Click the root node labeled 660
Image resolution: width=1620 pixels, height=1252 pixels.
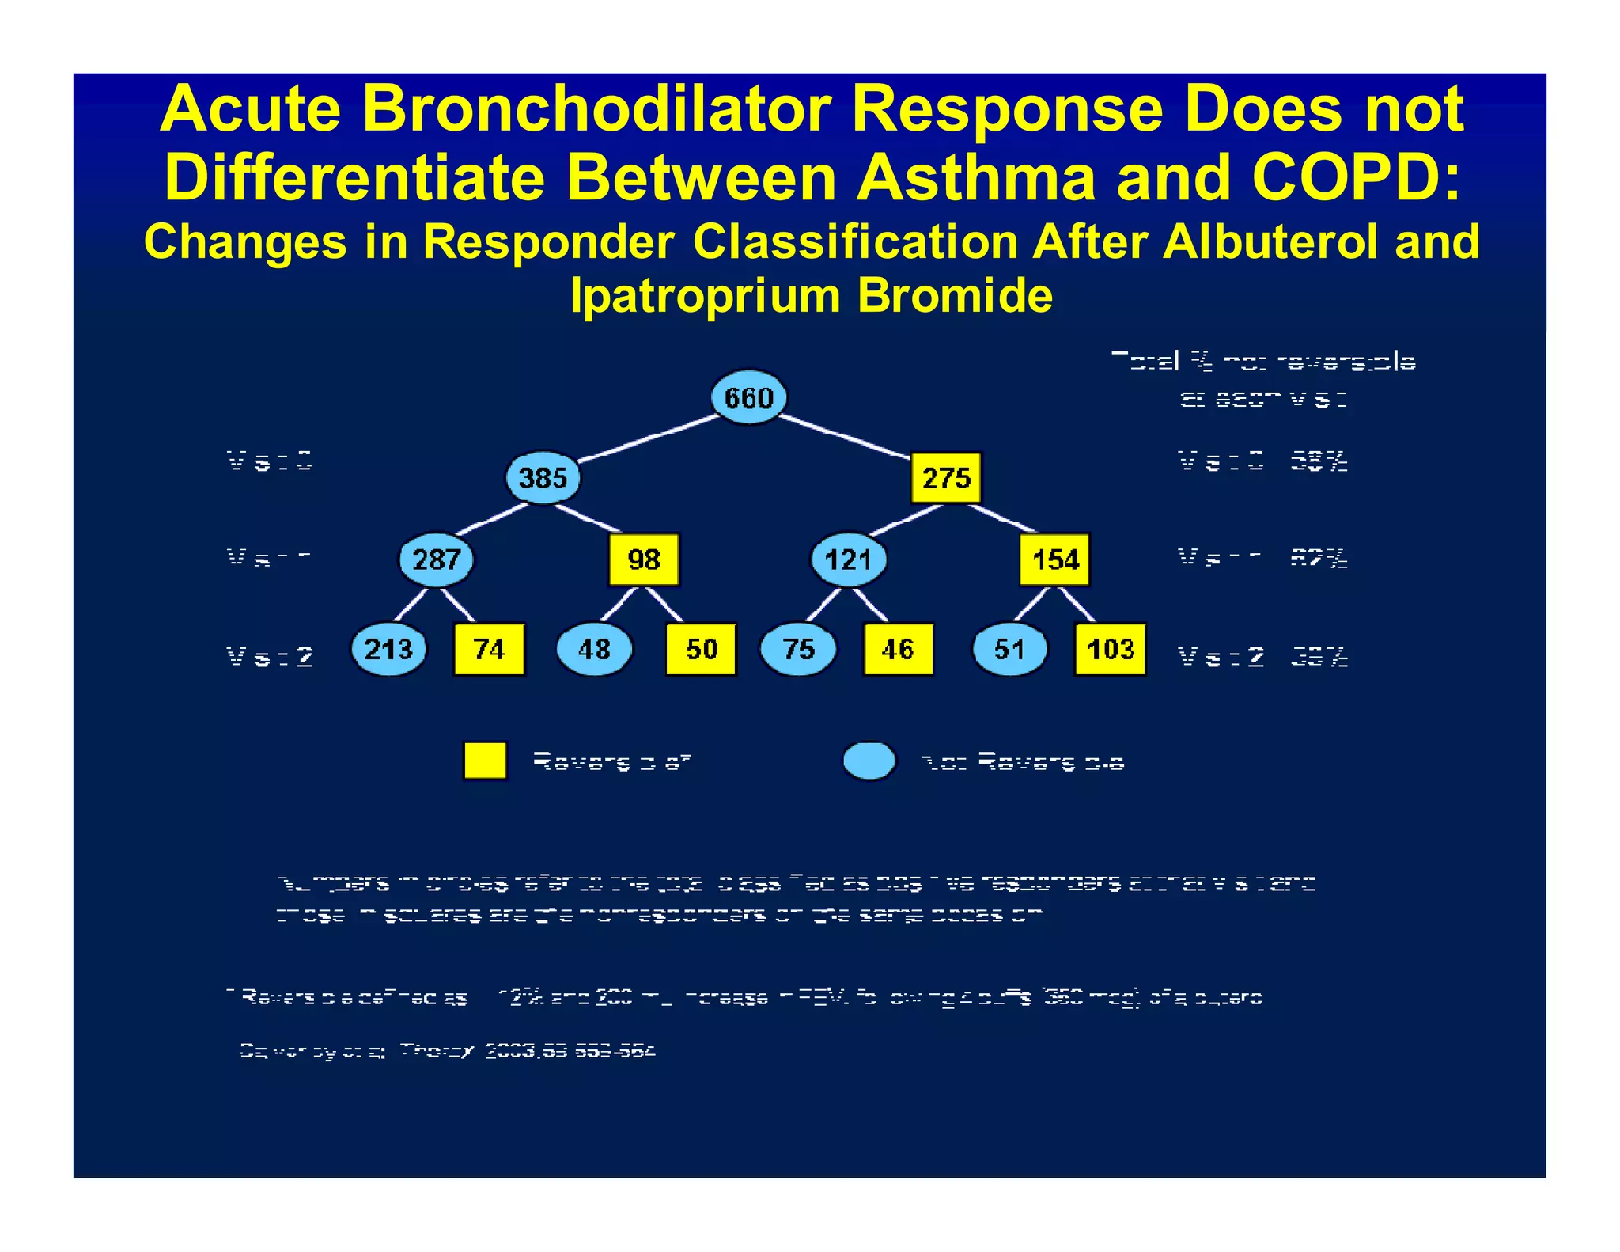pos(748,397)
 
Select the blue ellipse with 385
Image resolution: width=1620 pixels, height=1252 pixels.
pos(543,478)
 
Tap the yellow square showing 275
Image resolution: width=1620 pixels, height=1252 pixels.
pos(946,478)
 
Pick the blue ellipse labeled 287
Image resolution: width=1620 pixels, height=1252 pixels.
pos(436,560)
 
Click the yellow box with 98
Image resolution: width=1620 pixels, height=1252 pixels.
pos(643,560)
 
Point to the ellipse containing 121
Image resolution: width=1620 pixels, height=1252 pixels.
pos(849,560)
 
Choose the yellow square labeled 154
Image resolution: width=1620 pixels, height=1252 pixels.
pos(1054,560)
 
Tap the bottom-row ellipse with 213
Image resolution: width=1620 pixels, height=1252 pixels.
pos(388,649)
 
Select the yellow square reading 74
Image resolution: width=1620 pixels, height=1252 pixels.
pos(489,649)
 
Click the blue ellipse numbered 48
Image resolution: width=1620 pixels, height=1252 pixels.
pos(594,649)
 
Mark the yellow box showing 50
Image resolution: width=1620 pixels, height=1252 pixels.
pos(701,649)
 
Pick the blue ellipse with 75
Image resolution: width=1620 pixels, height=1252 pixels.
pos(798,649)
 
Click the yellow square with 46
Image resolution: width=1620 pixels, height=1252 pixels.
pos(898,649)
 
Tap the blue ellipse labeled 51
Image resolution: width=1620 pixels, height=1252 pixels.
pos(1009,649)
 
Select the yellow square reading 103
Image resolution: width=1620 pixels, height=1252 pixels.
pos(1110,649)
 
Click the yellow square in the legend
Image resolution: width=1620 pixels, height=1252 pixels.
pos(485,761)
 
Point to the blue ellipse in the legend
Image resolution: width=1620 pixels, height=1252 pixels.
pos(869,761)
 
